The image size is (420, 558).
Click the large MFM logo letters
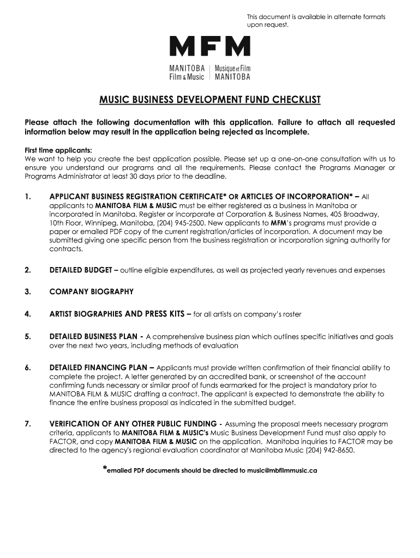[210, 46]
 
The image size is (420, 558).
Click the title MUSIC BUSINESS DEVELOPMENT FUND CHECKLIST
[210, 100]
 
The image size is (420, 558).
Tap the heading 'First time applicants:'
[58, 150]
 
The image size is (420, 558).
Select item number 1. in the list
[28, 196]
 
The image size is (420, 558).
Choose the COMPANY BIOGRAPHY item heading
[91, 292]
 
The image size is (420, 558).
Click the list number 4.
[28, 314]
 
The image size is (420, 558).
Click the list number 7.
[28, 424]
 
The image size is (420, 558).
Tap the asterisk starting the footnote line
[105, 469]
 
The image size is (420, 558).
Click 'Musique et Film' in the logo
[232, 69]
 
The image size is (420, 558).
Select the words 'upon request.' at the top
[267, 25]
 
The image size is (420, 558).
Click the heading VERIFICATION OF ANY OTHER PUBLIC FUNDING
[133, 424]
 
